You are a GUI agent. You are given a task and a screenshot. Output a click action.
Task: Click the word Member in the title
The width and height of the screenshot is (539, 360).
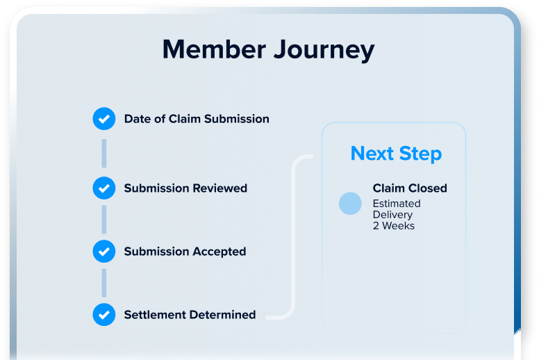tap(214, 49)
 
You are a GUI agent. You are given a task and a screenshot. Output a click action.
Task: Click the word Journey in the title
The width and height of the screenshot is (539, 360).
tap(324, 51)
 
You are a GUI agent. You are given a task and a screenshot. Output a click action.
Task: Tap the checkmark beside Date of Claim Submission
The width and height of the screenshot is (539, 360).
tap(103, 119)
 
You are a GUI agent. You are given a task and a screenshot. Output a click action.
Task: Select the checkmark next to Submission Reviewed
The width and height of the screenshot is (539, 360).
tap(103, 188)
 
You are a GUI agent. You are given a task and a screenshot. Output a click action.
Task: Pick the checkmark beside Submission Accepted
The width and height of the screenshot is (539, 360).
tap(103, 252)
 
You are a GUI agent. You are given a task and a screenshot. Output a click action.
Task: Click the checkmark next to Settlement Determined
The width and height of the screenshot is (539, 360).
tap(103, 315)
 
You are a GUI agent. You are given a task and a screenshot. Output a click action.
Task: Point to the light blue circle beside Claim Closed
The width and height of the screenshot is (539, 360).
tap(350, 204)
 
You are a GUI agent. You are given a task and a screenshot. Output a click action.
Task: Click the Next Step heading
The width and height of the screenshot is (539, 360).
tap(396, 154)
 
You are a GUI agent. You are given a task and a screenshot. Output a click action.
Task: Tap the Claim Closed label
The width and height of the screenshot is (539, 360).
tap(410, 188)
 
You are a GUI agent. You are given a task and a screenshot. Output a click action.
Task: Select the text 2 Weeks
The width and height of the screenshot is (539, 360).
tap(394, 226)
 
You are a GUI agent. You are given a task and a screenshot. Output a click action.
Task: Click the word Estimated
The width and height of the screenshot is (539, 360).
tap(397, 204)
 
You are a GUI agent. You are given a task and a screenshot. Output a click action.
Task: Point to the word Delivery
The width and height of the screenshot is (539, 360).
tap(392, 215)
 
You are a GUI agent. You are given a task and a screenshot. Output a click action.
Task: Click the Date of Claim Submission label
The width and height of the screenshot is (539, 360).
tap(197, 119)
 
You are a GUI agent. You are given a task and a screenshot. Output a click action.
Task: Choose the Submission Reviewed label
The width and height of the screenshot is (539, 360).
tap(185, 188)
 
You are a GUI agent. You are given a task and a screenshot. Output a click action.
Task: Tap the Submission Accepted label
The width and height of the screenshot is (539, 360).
tap(185, 252)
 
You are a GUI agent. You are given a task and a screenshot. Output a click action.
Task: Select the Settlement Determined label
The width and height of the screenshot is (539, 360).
tap(190, 315)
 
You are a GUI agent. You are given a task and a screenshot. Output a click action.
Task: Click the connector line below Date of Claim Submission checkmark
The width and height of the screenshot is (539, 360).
tap(103, 154)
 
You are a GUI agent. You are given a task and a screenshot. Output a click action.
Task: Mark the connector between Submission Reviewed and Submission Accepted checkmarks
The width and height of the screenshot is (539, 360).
tap(103, 220)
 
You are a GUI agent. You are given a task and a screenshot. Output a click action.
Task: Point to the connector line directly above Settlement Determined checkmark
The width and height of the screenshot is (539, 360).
tap(103, 283)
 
